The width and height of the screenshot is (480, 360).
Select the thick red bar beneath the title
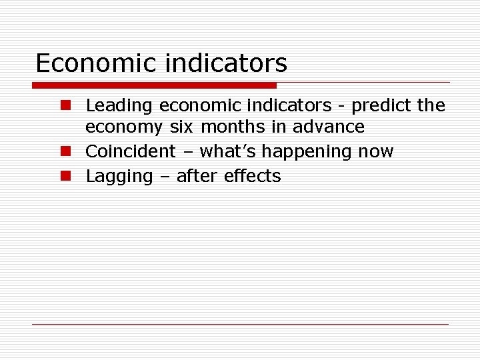tap(155, 85)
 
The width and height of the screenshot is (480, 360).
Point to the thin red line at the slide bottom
tap(240, 324)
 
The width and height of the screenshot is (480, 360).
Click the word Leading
tap(120, 105)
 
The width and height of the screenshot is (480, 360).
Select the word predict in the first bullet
tap(382, 105)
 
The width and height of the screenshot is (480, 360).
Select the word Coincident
tap(131, 151)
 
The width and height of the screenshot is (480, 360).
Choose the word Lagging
tap(119, 177)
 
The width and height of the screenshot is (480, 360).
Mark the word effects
tap(253, 176)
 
